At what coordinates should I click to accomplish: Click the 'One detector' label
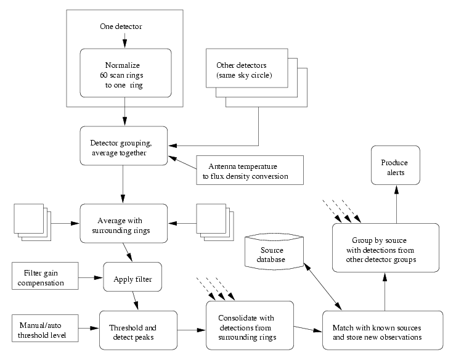(121, 27)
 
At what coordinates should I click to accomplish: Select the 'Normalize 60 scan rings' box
(126, 73)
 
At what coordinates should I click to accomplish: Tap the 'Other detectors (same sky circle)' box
(247, 68)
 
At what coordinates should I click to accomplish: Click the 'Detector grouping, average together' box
(124, 146)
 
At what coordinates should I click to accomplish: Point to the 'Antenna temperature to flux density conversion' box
(250, 170)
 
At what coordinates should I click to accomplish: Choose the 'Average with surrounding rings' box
(124, 224)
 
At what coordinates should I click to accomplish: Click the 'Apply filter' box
(132, 277)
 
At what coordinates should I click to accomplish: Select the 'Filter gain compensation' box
(45, 276)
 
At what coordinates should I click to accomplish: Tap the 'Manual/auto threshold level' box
(45, 328)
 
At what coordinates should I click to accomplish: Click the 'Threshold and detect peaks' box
(138, 330)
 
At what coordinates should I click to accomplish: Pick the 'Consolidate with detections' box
(250, 325)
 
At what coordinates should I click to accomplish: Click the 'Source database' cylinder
(274, 252)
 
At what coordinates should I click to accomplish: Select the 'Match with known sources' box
(383, 330)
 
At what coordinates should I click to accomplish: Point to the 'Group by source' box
(386, 248)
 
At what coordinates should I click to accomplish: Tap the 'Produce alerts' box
(396, 165)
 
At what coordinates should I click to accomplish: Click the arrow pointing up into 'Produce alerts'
(396, 204)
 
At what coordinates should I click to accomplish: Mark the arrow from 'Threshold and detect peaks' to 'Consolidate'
(192, 330)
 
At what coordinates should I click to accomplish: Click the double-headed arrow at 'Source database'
(323, 287)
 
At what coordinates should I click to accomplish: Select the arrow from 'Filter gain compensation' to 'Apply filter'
(91, 277)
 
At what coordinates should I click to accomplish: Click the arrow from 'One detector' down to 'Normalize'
(124, 41)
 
